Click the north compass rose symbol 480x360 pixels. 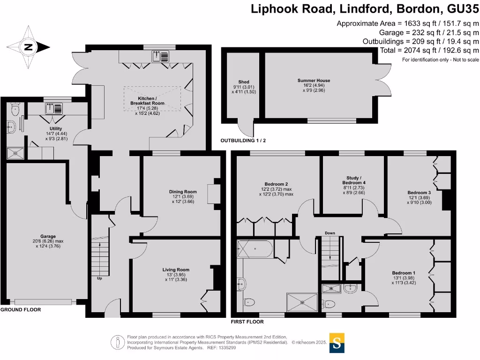tap(28, 46)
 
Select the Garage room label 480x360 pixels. tap(48, 239)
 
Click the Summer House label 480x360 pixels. tap(314, 83)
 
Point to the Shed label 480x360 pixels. tap(243, 84)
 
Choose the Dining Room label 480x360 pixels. tap(183, 195)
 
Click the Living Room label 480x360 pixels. tap(176, 272)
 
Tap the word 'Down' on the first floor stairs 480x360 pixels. tap(330, 233)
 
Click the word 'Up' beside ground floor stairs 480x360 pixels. tap(99, 278)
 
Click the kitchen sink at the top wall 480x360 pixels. tap(157, 57)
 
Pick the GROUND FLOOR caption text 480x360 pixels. tap(20, 310)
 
